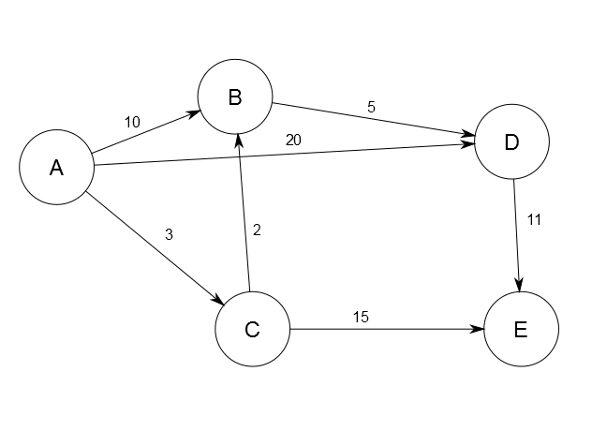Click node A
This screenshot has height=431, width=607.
[56, 169]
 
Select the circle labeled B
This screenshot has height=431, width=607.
[234, 97]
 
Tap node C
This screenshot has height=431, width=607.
[252, 329]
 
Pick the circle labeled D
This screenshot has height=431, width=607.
[511, 142]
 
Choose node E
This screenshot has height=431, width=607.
[521, 330]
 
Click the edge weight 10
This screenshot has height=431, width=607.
[132, 122]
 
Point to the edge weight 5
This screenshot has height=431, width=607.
[371, 107]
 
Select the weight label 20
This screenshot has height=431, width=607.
[293, 140]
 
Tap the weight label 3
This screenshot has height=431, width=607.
[169, 234]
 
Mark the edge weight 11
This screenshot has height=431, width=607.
[535, 220]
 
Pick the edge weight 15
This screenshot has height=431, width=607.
[361, 317]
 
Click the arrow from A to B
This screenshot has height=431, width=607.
[147, 132]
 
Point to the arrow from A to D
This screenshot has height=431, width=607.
[281, 155]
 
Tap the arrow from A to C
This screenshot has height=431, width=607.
[155, 249]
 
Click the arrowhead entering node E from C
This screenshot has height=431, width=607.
[477, 330]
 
